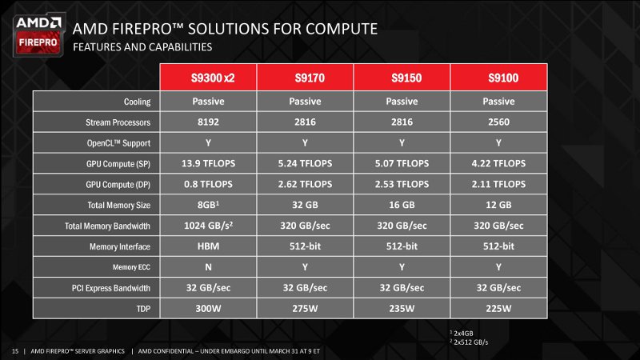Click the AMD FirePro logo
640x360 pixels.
coord(38,35)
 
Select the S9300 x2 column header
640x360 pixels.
coord(208,77)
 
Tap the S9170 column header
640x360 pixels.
coord(305,77)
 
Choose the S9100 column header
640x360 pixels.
coord(498,77)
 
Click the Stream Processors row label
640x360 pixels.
coord(118,122)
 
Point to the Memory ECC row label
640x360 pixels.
coord(131,267)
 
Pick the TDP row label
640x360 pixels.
coord(143,309)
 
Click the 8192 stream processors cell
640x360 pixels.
coord(208,122)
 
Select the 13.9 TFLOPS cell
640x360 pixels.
coord(208,164)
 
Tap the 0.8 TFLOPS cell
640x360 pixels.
coord(208,185)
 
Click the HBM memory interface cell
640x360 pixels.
coord(208,246)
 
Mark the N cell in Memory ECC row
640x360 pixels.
coord(208,267)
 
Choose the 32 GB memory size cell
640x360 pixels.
coord(305,205)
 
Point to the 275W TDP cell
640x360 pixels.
coord(305,309)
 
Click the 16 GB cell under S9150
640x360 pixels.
coord(402,205)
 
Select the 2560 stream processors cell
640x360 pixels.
coord(498,122)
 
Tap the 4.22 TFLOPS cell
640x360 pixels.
coord(498,164)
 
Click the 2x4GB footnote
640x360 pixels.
coord(462,334)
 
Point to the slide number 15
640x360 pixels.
coord(15,351)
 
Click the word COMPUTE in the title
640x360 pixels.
coord(342,29)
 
